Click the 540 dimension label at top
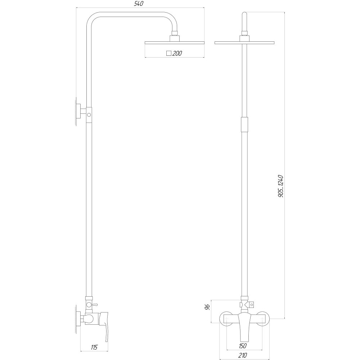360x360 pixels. (x=139, y=4)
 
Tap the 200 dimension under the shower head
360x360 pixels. (x=177, y=53)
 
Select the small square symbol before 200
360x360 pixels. (x=168, y=53)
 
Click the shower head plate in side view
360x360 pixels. (x=174, y=43)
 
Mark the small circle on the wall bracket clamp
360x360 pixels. (x=89, y=115)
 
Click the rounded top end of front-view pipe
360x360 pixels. (x=244, y=15)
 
